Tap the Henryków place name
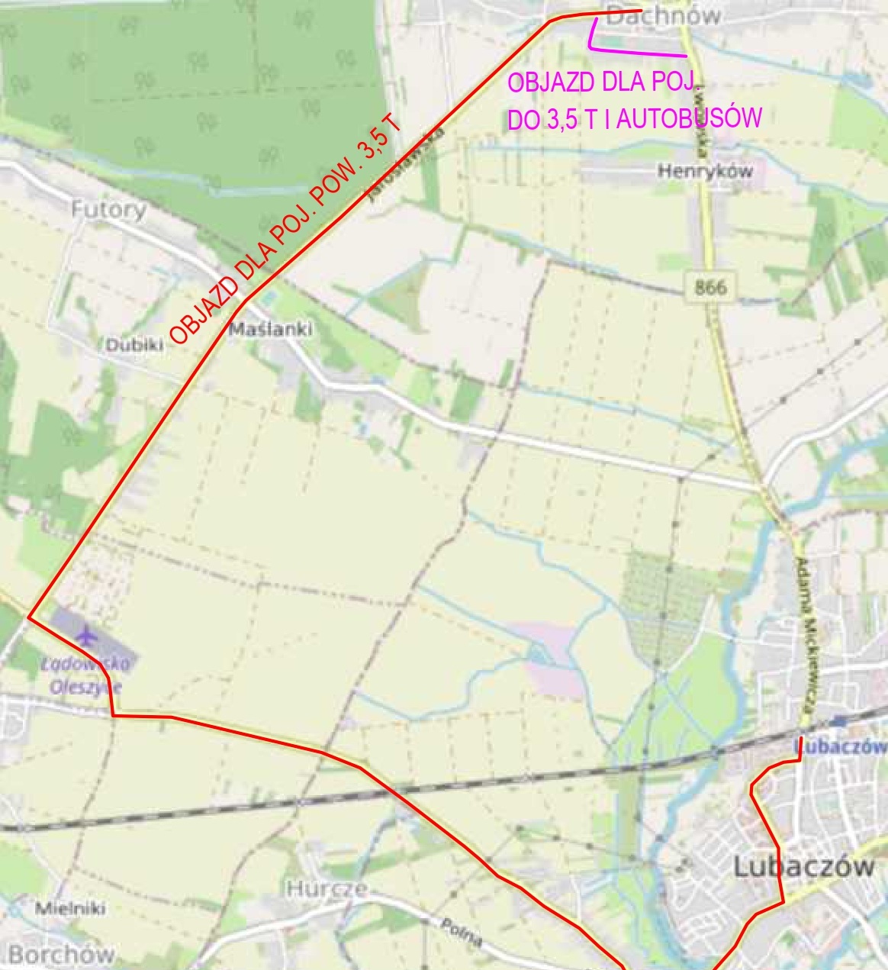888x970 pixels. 705,172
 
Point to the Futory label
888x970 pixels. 109,210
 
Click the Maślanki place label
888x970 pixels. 271,330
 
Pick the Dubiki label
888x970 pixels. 134,345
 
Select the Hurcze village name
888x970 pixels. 327,888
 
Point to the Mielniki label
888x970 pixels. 71,908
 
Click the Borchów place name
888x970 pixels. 61,954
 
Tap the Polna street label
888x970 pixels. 462,932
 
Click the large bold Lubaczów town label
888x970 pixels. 803,866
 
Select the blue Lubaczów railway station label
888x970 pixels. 841,746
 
